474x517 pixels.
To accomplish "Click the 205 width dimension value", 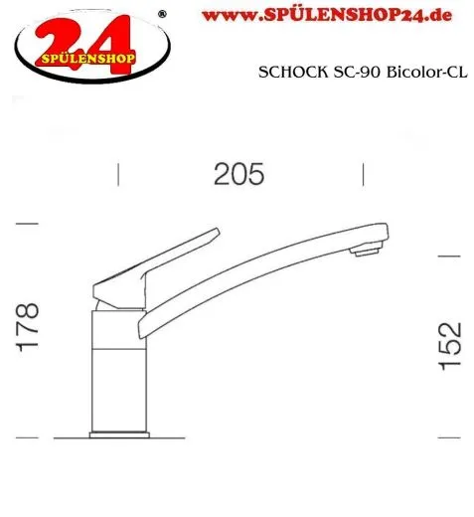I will (x=239, y=175).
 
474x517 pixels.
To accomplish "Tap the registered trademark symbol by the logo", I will (x=163, y=14).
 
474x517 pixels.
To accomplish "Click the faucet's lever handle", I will (x=159, y=260).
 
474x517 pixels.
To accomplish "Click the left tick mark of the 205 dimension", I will (x=119, y=176).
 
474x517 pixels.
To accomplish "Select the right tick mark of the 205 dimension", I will (x=363, y=176).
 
